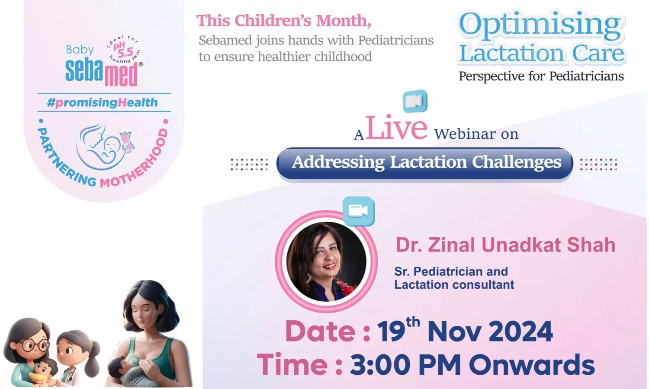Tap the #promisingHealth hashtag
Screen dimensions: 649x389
102,102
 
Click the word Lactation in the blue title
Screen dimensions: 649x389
512,53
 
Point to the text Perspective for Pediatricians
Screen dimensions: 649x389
541,77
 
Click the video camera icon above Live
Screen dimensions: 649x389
415,101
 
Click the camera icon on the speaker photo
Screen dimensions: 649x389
358,211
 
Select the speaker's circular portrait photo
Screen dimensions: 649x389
326,261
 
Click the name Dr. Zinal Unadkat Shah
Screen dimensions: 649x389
506,245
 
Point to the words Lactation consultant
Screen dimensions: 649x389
454,285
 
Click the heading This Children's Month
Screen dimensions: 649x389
284,21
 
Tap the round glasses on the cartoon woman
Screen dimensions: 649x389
32,345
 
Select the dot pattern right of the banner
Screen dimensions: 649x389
598,164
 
